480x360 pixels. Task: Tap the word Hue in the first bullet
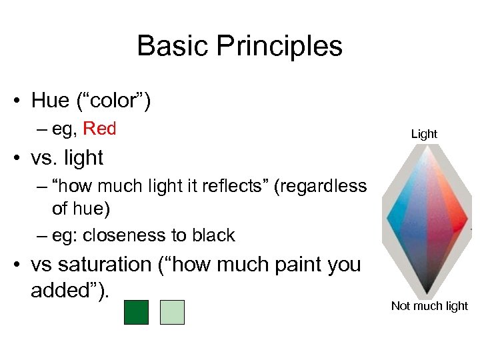point(50,101)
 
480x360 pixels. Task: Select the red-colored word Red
point(100,129)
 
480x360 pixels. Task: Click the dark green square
point(136,312)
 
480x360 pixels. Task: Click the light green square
point(172,312)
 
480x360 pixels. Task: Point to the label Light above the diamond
point(424,134)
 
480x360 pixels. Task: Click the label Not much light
point(429,306)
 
